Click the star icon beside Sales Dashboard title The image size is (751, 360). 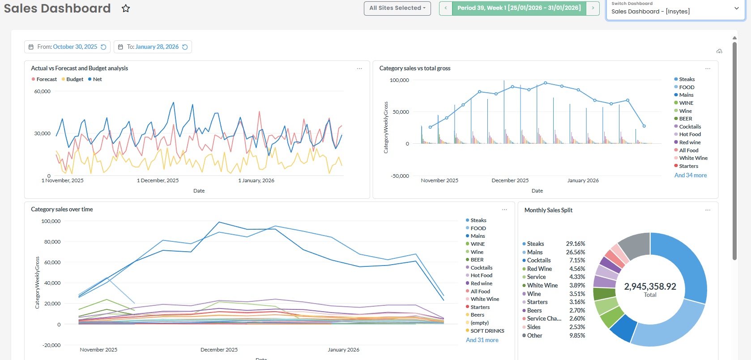pyautogui.click(x=126, y=9)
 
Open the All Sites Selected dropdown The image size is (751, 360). pyautogui.click(x=397, y=8)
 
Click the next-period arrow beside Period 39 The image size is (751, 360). pyautogui.click(x=593, y=8)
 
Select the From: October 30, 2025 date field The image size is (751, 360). pyautogui.click(x=67, y=47)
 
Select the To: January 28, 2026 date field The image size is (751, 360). pyautogui.click(x=153, y=47)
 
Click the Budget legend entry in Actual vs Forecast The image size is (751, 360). pyautogui.click(x=74, y=79)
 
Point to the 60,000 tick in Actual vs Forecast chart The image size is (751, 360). pyautogui.click(x=43, y=91)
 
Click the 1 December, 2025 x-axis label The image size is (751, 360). pyautogui.click(x=158, y=180)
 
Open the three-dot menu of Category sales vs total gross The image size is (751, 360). pyautogui.click(x=708, y=69)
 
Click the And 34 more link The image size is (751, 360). pyautogui.click(x=690, y=176)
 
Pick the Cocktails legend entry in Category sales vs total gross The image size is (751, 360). pyautogui.click(x=690, y=127)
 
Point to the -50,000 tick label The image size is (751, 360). pyautogui.click(x=400, y=176)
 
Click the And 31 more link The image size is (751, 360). pyautogui.click(x=482, y=340)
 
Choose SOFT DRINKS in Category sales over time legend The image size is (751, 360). pyautogui.click(x=487, y=331)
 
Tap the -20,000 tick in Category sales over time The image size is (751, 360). pyautogui.click(x=51, y=345)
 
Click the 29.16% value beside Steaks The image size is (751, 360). pyautogui.click(x=575, y=244)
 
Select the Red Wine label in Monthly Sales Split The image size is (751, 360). pyautogui.click(x=539, y=269)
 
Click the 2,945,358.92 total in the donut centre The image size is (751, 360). pyautogui.click(x=650, y=287)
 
